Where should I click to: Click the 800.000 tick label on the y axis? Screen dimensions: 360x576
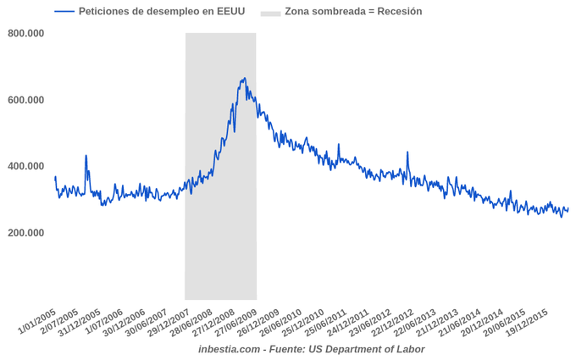(25, 33)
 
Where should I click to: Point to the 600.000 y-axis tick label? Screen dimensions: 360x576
(25, 100)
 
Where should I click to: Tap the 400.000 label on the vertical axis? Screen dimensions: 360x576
(25, 166)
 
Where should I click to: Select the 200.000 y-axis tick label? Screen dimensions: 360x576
(25, 233)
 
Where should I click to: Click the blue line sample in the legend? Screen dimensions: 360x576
(64, 12)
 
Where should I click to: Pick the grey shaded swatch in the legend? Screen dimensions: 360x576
(270, 12)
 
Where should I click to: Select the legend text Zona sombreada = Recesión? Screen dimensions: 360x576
(353, 12)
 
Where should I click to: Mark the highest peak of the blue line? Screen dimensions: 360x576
(244, 79)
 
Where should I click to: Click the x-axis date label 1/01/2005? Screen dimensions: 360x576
(38, 321)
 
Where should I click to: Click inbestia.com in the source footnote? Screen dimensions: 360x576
(229, 349)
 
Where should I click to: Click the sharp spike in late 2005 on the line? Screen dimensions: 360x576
(86, 156)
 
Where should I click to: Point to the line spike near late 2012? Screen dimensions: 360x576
(407, 153)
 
